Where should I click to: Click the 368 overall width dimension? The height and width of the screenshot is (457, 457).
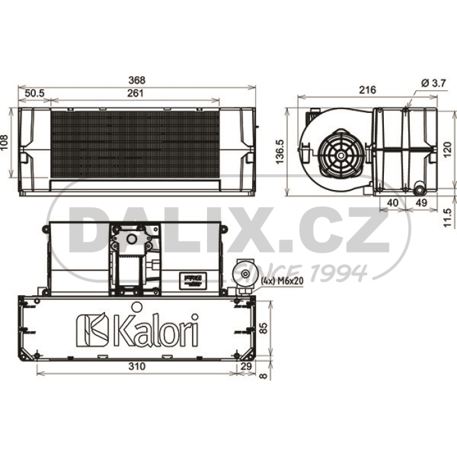(136, 80)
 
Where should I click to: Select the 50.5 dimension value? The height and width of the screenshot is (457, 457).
(35, 93)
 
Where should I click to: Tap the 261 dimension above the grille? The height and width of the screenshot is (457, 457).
(135, 93)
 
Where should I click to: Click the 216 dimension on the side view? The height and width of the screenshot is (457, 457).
(368, 90)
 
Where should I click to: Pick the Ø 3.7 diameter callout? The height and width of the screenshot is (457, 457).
(433, 84)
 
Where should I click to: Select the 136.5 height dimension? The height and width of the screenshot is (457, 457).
(279, 151)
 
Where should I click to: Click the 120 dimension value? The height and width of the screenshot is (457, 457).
(447, 150)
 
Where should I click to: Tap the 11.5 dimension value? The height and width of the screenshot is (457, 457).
(447, 217)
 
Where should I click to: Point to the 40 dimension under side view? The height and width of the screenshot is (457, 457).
(393, 202)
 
